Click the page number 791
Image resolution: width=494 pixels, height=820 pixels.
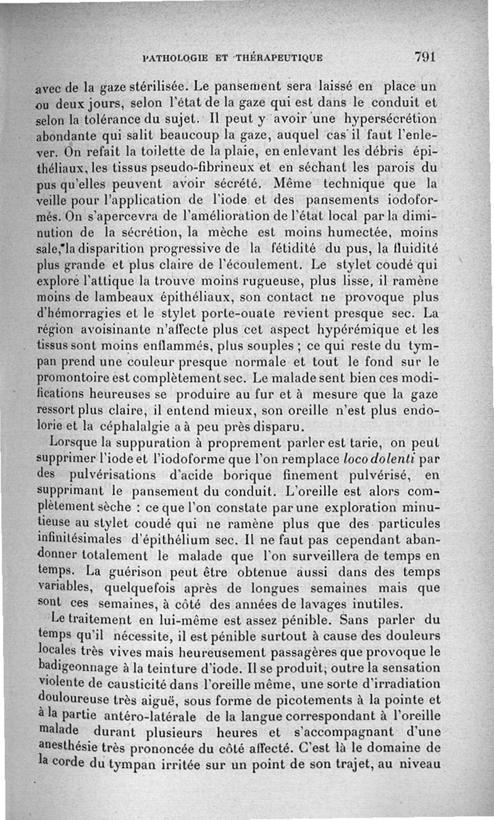pos(425,57)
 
